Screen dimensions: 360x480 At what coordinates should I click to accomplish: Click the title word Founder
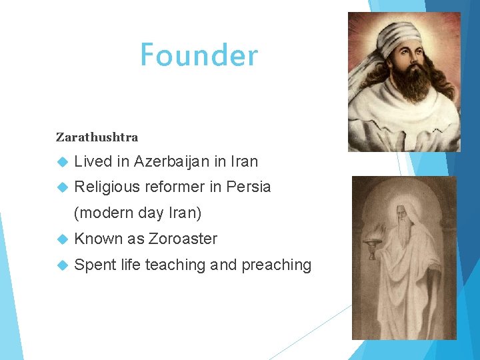[x=198, y=55]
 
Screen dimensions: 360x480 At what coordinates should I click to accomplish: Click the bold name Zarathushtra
[x=97, y=137]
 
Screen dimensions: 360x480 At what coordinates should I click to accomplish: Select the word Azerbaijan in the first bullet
[x=171, y=161]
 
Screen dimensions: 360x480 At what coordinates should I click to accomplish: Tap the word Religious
[x=107, y=187]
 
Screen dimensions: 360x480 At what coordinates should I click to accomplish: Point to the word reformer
[x=175, y=187]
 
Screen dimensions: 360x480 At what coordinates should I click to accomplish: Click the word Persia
[x=249, y=187]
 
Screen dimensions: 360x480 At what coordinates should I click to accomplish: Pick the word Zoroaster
[x=183, y=239]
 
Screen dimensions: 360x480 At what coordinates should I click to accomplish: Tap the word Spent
[x=95, y=265]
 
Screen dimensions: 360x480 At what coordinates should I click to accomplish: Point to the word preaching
[x=276, y=265]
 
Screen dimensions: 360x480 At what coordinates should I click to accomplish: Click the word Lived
[x=93, y=161]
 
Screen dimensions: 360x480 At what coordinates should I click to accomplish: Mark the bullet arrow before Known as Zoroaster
[x=62, y=239]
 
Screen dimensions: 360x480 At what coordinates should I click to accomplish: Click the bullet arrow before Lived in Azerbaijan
[x=62, y=161]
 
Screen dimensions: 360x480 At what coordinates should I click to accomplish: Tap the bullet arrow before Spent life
[x=62, y=265]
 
